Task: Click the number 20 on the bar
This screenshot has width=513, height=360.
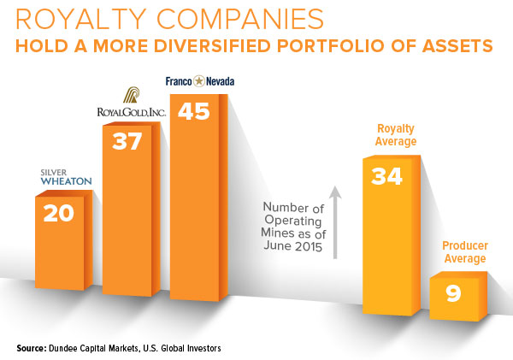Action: click(x=58, y=213)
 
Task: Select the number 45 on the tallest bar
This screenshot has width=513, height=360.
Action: click(x=192, y=111)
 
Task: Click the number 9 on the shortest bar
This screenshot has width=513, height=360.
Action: click(x=453, y=293)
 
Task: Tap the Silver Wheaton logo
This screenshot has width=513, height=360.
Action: click(x=59, y=176)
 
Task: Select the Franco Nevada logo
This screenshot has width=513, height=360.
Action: click(x=198, y=81)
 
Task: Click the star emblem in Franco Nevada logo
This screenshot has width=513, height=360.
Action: click(x=198, y=81)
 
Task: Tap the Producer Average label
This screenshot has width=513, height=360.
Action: click(x=465, y=252)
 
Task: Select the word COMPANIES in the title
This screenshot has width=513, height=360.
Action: click(x=242, y=19)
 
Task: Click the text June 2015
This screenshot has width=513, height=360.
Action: click(x=292, y=248)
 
